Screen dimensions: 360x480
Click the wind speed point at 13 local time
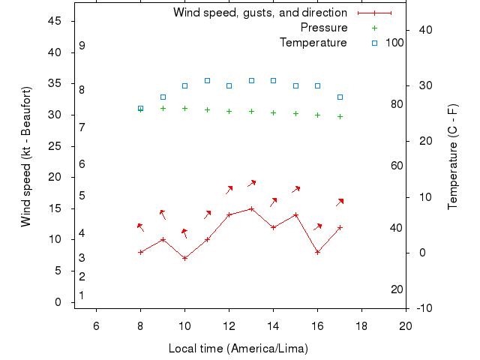[x=251, y=208]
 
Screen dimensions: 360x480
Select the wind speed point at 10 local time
[x=184, y=258]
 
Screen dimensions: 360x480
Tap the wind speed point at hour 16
[x=318, y=252]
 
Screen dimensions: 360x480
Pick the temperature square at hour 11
[x=207, y=80]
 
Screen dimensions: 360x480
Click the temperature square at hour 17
[x=340, y=97]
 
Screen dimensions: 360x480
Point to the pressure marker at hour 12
[x=229, y=111]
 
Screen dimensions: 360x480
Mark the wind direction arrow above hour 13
[x=252, y=183]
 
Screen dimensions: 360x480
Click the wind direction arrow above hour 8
[x=139, y=226]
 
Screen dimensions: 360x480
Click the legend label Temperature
[x=313, y=43]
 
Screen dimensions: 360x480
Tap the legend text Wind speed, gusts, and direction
[x=259, y=13]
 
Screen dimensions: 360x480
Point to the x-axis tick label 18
[x=361, y=325]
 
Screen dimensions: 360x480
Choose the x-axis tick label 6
[x=96, y=325]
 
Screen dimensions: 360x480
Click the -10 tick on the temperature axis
[x=423, y=308]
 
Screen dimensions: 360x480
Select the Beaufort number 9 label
[x=82, y=46]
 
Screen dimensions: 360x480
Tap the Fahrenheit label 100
[x=394, y=43]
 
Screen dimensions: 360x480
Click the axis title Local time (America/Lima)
[x=238, y=349]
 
